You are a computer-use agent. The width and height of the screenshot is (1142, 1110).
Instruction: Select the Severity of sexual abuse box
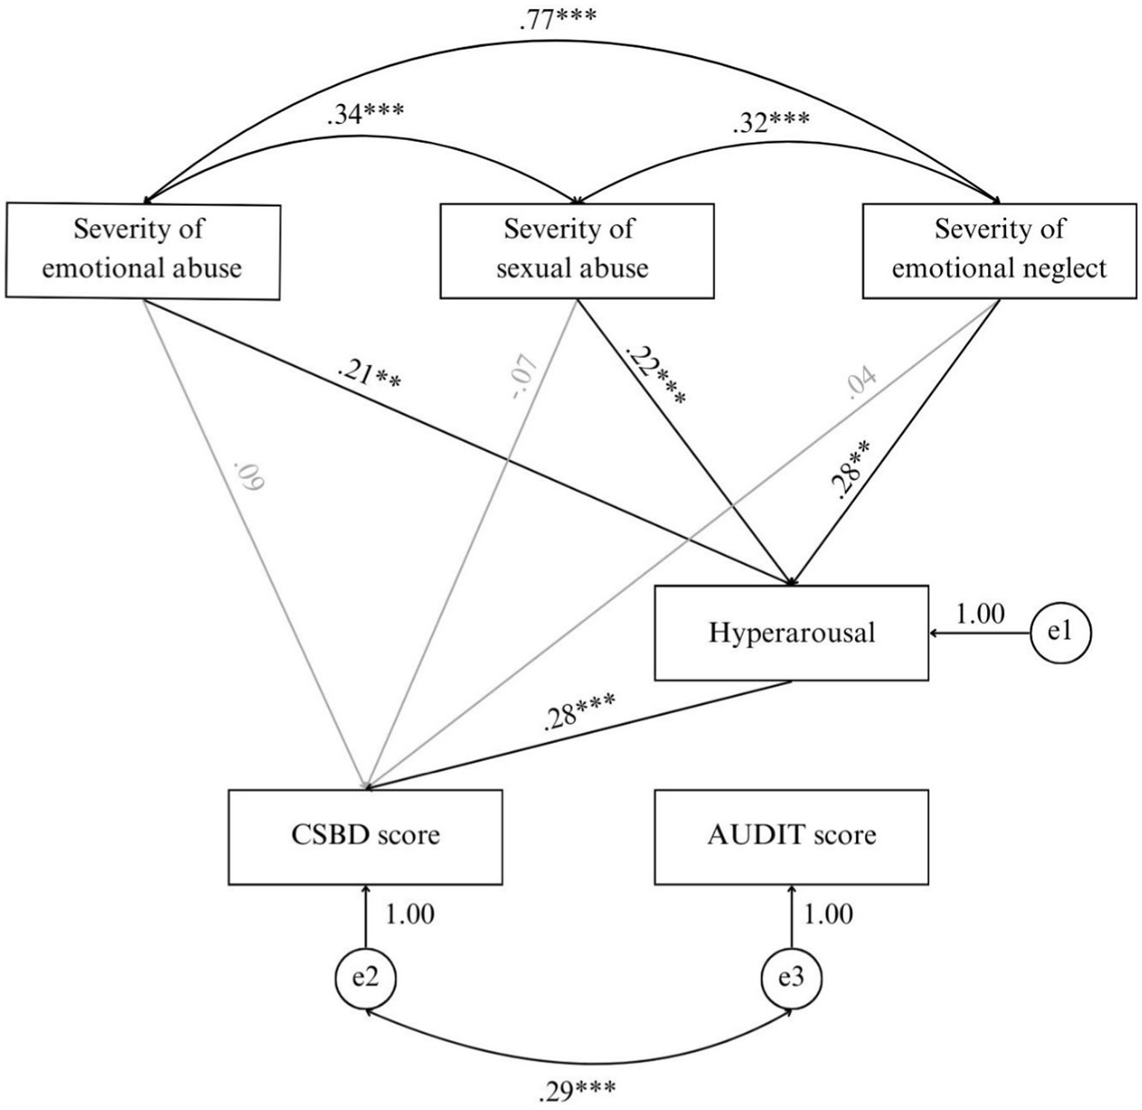tap(577, 250)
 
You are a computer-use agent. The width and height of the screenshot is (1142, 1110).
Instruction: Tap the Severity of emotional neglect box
tap(999, 250)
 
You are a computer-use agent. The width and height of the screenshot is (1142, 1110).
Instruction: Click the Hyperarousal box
tap(791, 633)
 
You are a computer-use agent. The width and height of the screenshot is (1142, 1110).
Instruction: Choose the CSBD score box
tap(365, 836)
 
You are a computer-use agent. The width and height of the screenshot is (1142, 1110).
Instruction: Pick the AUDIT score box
tap(791, 836)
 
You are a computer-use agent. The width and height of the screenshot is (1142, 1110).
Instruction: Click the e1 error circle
tap(1060, 633)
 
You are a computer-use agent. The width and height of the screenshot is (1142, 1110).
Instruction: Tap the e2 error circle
tap(365, 978)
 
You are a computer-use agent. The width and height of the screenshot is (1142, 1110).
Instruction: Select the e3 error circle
tap(791, 978)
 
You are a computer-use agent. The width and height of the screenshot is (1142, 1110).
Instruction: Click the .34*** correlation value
tap(365, 115)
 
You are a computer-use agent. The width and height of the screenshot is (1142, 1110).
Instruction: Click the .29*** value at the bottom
tap(576, 1091)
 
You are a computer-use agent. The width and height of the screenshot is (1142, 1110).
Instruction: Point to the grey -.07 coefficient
tap(524, 377)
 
